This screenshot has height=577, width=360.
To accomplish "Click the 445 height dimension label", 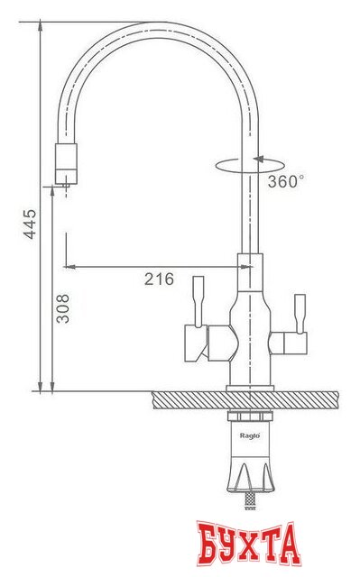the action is [30, 224].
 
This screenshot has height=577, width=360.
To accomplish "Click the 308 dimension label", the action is [63, 308].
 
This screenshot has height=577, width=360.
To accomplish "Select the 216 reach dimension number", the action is [159, 279].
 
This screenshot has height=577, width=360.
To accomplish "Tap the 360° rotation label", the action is [286, 181].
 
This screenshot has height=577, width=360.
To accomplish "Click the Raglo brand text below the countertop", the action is [250, 435].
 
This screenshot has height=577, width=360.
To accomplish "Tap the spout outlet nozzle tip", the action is [66, 185].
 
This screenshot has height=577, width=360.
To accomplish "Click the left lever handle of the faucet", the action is [198, 301].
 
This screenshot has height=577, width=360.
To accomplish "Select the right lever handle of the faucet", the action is [300, 314].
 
